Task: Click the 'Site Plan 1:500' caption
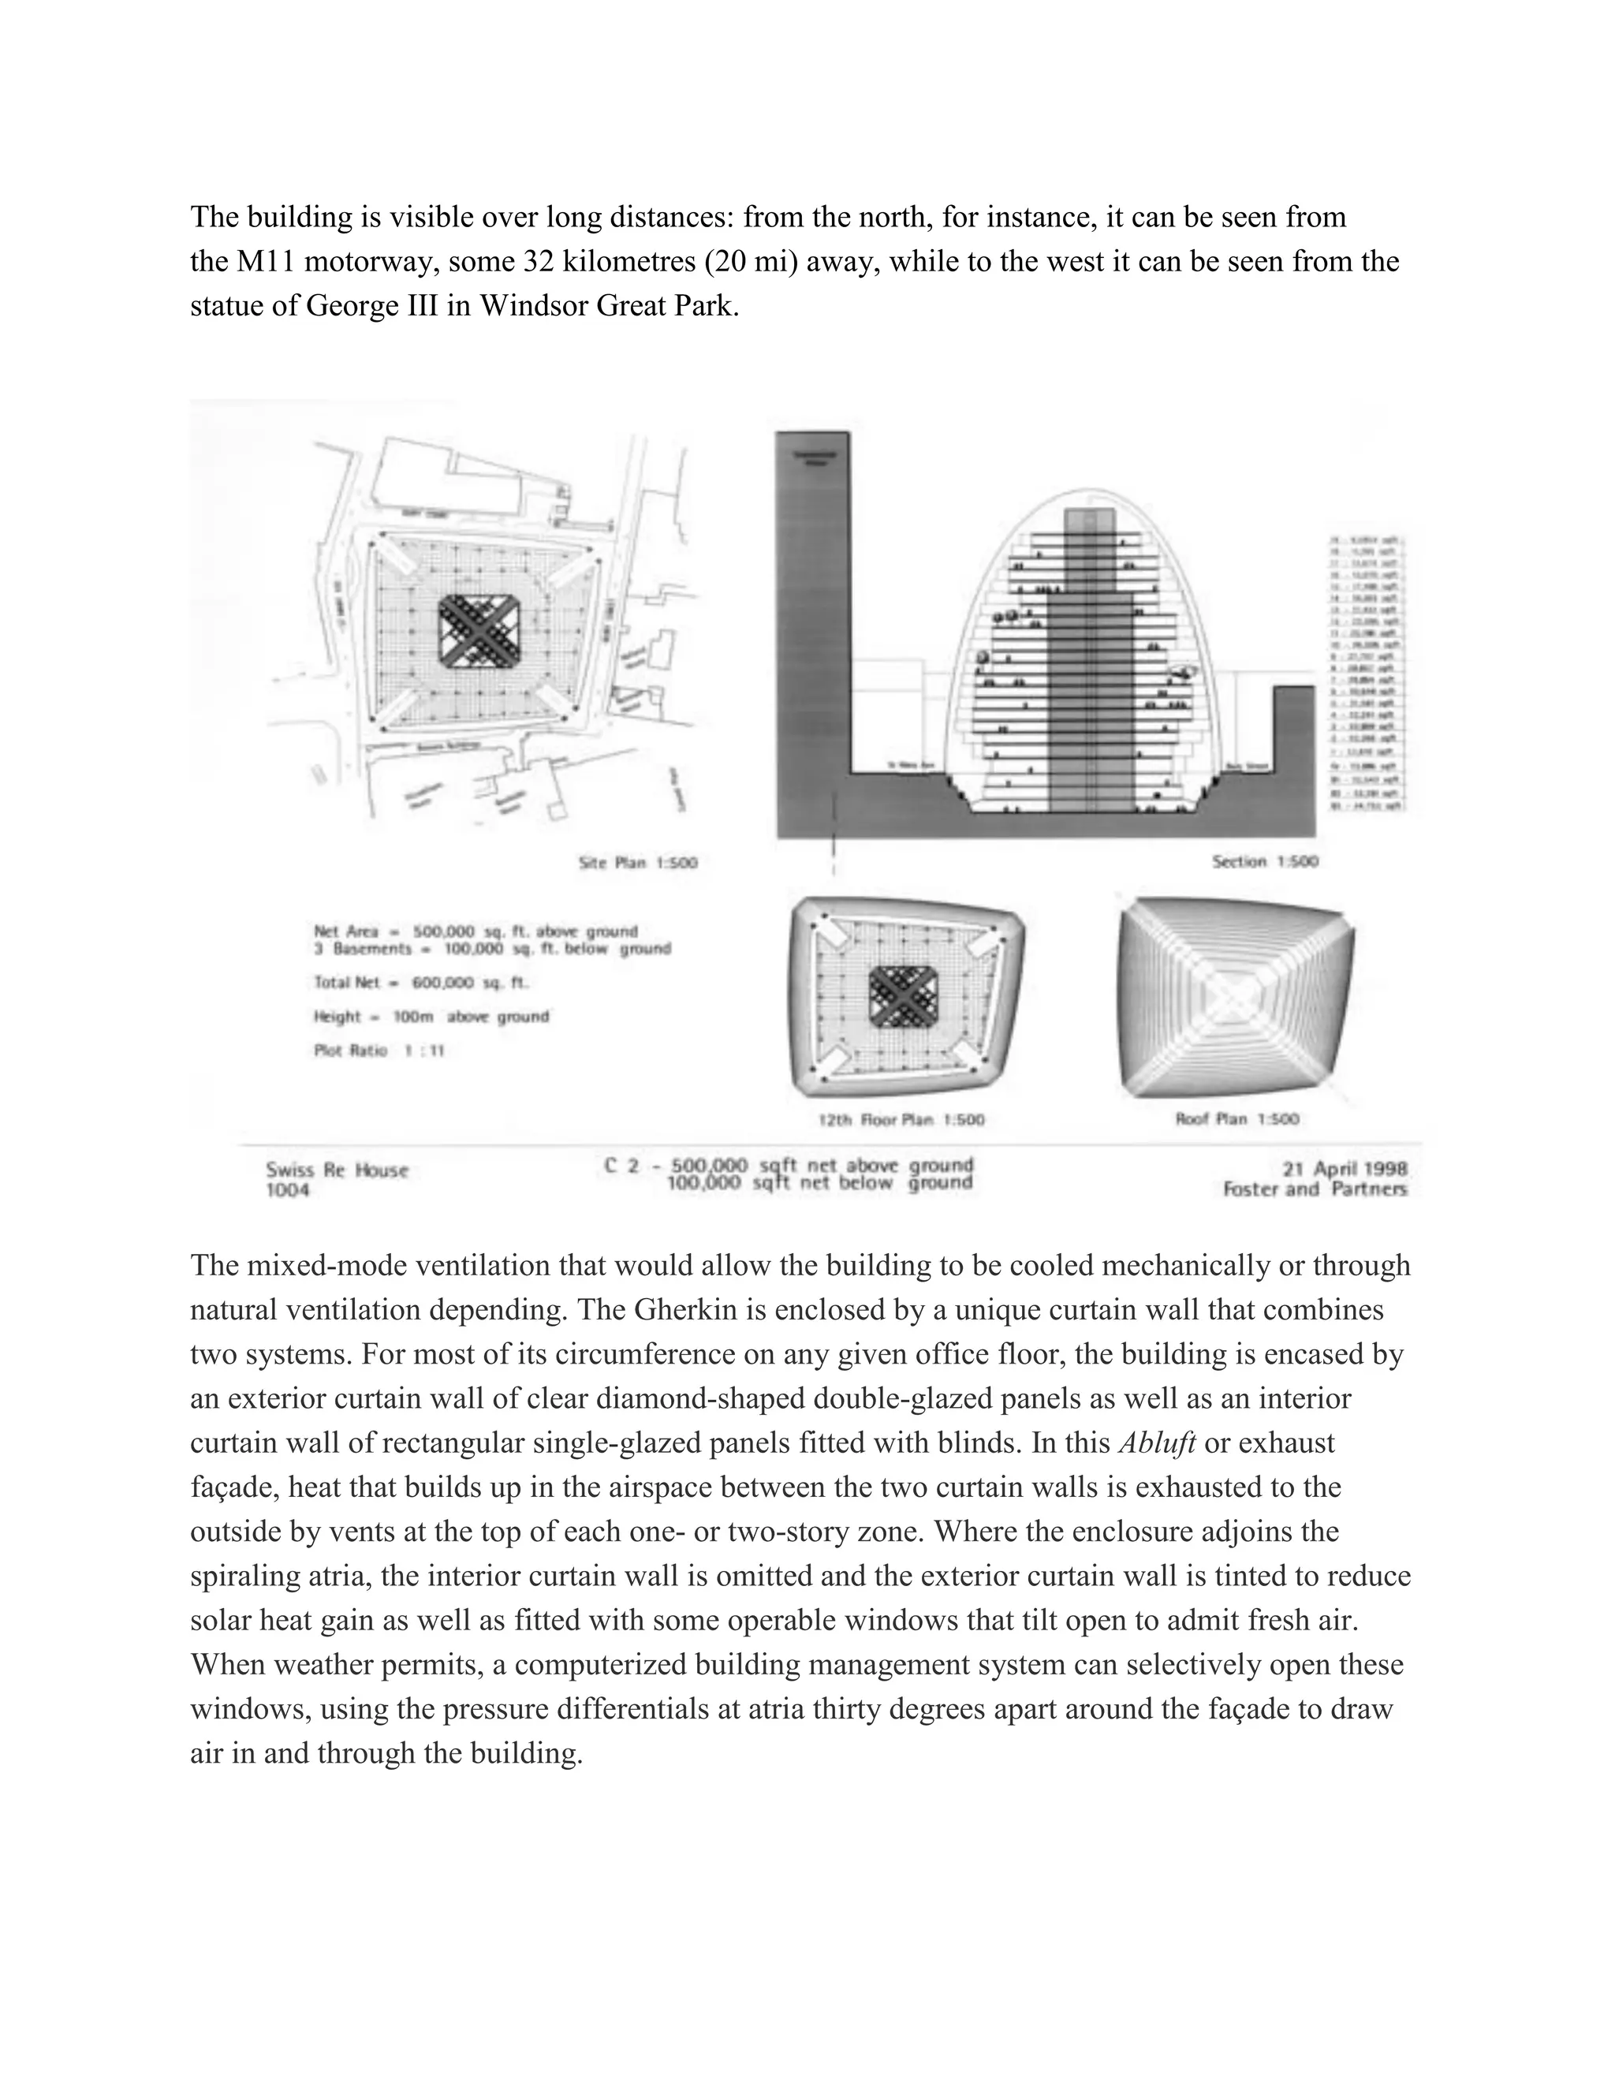[x=638, y=862]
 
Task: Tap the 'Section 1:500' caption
[x=1265, y=861]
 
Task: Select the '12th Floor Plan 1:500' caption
[x=901, y=1118]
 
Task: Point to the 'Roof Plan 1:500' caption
[x=1237, y=1118]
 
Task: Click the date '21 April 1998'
[x=1345, y=1169]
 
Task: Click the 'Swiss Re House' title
[x=337, y=1170]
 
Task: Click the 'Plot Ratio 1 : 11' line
[x=379, y=1051]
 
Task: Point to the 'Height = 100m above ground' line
[x=431, y=1017]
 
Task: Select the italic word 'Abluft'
[x=1157, y=1443]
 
